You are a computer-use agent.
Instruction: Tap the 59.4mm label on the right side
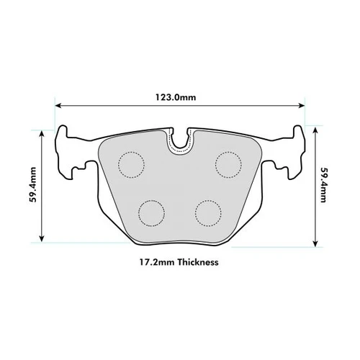[325, 185]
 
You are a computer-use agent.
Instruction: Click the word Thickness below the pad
[195, 263]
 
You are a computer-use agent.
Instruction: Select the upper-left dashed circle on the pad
[131, 165]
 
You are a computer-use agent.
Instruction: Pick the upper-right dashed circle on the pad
[229, 165]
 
